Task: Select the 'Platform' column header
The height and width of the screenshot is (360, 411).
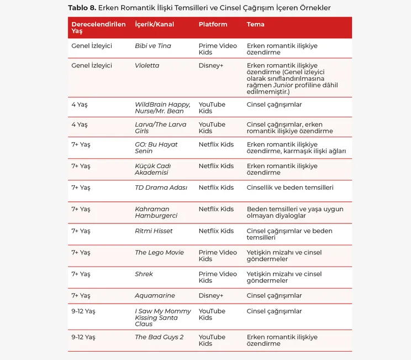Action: (213, 24)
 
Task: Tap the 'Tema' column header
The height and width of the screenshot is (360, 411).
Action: (255, 24)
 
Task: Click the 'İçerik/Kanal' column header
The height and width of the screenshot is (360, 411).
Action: (154, 24)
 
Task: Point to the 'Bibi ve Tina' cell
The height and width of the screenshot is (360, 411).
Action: (153, 46)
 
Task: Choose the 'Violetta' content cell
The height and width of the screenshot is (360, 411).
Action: (147, 65)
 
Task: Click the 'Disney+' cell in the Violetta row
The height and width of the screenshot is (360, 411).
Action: (211, 65)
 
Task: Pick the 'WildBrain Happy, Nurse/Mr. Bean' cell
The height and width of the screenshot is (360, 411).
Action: (162, 108)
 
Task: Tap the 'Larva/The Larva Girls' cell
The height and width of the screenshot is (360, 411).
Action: (161, 128)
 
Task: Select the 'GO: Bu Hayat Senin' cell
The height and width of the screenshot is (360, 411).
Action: (156, 148)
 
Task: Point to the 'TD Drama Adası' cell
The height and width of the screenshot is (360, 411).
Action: (161, 187)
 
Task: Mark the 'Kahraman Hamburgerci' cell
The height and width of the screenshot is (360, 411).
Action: (156, 212)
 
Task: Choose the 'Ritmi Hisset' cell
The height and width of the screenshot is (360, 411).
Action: (154, 231)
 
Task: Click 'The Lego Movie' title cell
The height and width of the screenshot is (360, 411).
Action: (159, 252)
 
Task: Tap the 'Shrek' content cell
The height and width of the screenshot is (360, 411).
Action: (144, 274)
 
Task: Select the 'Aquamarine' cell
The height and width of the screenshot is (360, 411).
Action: (155, 295)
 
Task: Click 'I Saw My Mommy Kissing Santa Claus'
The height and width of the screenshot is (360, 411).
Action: (163, 317)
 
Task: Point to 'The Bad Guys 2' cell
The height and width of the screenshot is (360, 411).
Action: (159, 337)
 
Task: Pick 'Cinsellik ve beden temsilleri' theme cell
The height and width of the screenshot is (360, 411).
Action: (290, 187)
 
